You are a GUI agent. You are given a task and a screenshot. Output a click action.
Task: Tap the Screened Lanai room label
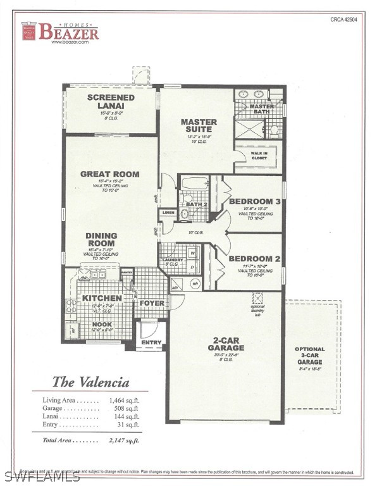point(111,102)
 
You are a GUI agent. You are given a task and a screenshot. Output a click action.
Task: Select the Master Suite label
point(199,125)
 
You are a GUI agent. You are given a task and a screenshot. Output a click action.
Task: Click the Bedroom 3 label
point(254,202)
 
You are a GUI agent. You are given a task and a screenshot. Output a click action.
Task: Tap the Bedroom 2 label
point(254,259)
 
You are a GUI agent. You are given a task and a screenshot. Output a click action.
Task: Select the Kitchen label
point(99,298)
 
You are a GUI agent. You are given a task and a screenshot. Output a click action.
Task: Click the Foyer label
point(152,303)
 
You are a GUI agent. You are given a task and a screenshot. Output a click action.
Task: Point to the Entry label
point(151,342)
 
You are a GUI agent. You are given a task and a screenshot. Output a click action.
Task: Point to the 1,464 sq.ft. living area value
point(123,400)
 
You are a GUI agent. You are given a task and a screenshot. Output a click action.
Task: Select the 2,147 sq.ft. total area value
point(123,439)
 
